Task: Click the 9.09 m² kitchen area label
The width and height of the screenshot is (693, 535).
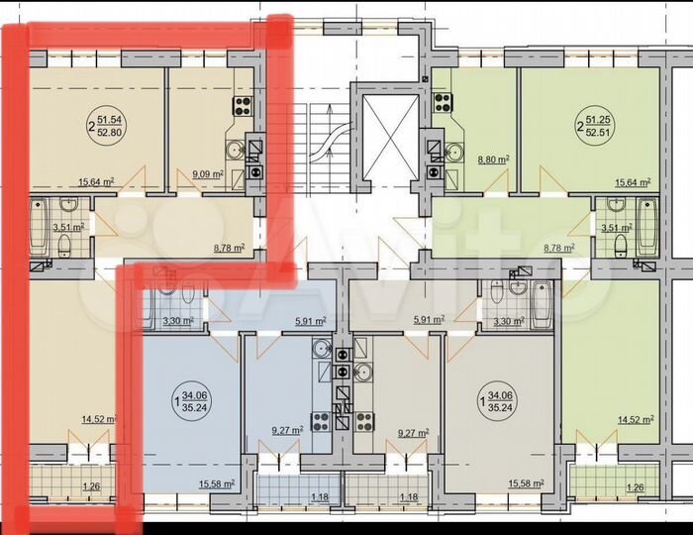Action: click(208, 175)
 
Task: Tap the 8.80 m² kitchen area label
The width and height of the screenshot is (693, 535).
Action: click(493, 159)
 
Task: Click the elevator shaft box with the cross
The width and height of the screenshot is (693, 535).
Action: click(386, 134)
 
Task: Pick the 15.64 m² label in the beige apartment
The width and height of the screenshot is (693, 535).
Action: click(95, 181)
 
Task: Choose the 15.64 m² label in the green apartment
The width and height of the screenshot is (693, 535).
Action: click(633, 182)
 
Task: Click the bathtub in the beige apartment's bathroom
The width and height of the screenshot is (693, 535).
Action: click(39, 226)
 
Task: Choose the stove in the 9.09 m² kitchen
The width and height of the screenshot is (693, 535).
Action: click(241, 106)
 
